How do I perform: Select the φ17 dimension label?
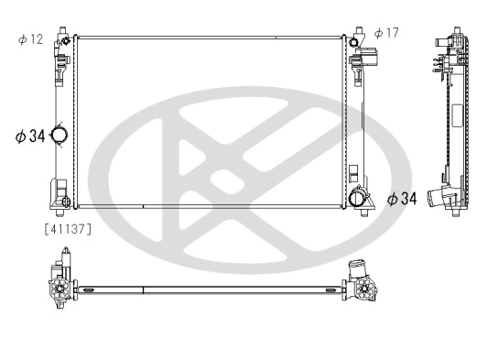(386, 34)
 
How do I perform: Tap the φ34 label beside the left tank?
(30, 136)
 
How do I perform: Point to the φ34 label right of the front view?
(402, 199)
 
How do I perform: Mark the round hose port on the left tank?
(60, 136)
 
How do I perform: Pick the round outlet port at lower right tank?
(360, 197)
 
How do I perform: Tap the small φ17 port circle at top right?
(354, 41)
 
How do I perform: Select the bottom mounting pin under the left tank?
(60, 214)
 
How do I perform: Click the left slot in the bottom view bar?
(90, 290)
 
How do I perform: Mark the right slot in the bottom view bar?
(327, 290)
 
